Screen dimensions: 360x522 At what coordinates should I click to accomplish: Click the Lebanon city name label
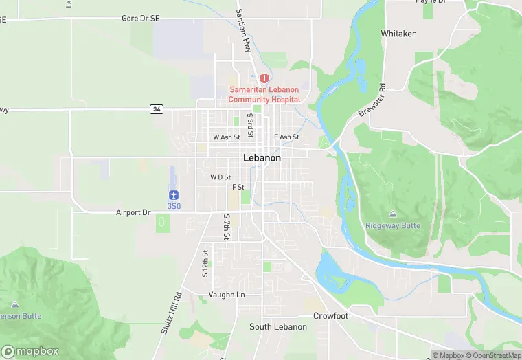pos(262,158)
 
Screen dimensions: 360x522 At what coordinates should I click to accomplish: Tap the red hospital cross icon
pos(264,78)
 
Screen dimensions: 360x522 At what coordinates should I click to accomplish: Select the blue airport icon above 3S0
pos(174,195)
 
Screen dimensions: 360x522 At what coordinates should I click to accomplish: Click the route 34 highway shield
pos(157,109)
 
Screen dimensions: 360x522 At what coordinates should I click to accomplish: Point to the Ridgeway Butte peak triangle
pos(392,214)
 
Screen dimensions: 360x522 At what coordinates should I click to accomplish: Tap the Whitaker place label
pos(398,33)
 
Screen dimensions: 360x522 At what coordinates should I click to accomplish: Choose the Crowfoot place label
pos(332,316)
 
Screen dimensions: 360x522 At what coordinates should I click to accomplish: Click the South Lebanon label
pos(277,327)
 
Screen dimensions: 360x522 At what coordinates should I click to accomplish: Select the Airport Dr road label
pos(133,213)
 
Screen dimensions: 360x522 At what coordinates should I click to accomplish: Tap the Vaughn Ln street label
pos(226,295)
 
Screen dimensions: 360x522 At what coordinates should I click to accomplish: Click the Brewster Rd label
pos(372,100)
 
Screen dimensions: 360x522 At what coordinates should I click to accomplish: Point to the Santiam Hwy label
pos(244,31)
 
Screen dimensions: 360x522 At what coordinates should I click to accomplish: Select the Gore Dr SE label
pos(140,19)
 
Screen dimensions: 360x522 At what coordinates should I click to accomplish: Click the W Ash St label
pos(226,137)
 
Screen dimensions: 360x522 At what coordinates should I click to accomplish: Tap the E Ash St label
pos(286,137)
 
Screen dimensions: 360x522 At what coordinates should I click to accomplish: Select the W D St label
pos(220,177)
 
